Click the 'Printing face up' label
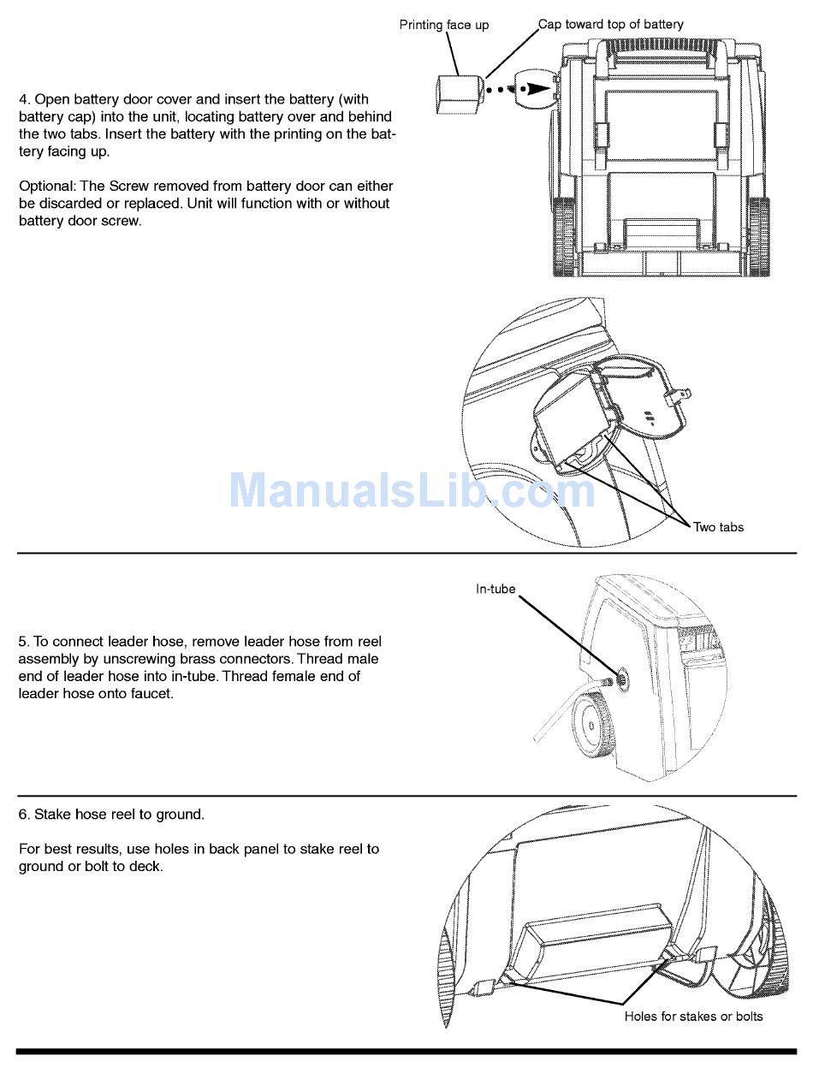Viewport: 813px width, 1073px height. pos(444,25)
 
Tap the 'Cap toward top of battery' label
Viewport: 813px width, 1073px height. pos(611,24)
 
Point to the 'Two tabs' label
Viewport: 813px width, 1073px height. pos(719,527)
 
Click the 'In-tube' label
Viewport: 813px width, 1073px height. pos(496,589)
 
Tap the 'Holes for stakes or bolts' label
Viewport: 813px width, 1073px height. pos(693,1017)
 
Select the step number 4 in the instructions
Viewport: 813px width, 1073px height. pos(24,99)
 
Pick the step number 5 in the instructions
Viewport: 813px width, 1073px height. pos(23,641)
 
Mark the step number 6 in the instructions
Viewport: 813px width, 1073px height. pos(24,814)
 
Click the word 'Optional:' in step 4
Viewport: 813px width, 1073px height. pos(47,186)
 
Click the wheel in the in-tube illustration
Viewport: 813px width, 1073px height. pos(591,726)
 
